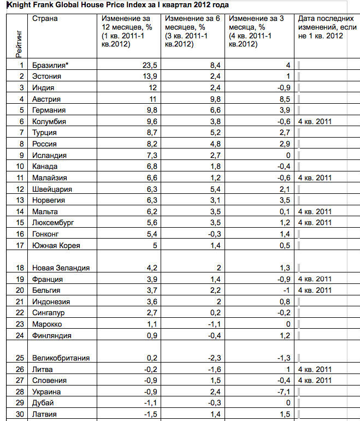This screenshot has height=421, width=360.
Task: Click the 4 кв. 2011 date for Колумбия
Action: pos(315,121)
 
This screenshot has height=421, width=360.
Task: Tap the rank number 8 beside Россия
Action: pos(22,144)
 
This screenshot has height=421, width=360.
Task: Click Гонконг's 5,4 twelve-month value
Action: pos(151,234)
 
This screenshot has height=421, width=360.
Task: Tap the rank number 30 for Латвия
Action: pos(20,414)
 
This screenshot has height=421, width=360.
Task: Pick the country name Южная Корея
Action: pos(56,245)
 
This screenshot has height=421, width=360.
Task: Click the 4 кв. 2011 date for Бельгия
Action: pos(315,290)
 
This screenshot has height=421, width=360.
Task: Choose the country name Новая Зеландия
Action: pos(61,268)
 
